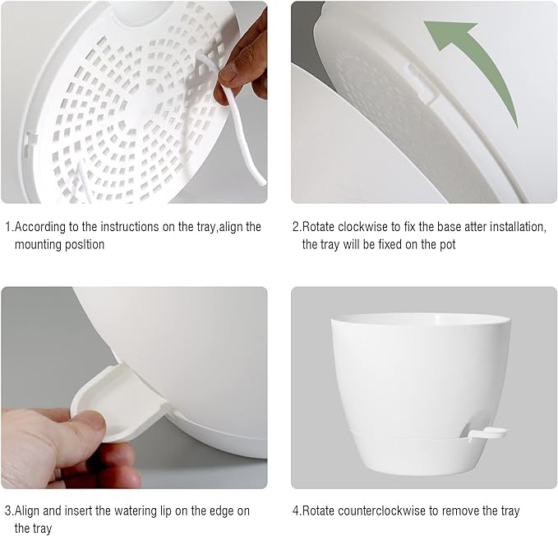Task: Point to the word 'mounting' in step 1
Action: [35, 245]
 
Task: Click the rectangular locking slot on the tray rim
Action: [422, 85]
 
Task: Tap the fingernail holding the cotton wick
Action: [228, 74]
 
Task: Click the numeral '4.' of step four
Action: [297, 511]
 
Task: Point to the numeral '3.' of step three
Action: [10, 511]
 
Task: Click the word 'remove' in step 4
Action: [460, 511]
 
